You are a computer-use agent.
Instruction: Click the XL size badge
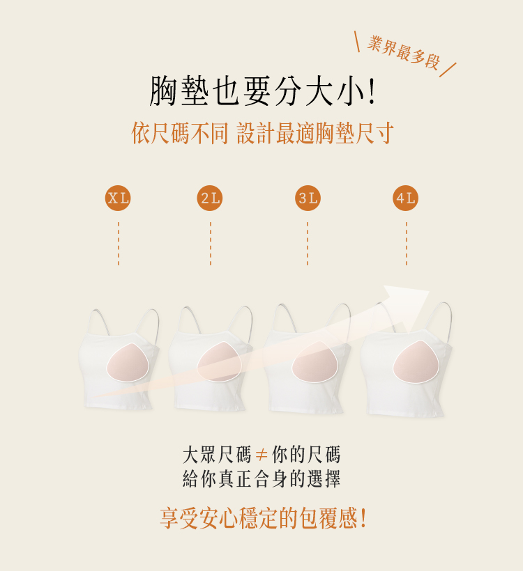[x=118, y=198]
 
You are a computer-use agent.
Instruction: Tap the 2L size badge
[x=210, y=198]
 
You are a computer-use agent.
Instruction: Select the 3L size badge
[x=308, y=198]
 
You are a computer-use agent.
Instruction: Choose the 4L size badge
[x=406, y=198]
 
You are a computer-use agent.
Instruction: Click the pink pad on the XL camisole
[x=128, y=362]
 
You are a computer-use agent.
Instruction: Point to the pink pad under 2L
[x=220, y=361]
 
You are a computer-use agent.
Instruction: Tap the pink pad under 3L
[x=314, y=362]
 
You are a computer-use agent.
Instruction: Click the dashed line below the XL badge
[x=119, y=243]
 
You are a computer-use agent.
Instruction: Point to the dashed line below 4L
[x=407, y=243]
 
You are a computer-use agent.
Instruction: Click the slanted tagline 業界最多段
[x=403, y=52]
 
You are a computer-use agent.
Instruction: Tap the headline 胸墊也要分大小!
[x=262, y=91]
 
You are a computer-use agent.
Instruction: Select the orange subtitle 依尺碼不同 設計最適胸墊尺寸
[x=263, y=133]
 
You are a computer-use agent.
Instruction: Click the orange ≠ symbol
[x=261, y=455]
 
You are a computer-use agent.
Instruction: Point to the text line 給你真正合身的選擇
[x=261, y=478]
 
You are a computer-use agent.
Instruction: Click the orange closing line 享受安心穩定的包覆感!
[x=263, y=518]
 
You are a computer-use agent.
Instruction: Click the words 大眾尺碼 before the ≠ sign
[x=217, y=455]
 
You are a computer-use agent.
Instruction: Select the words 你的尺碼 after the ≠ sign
[x=306, y=455]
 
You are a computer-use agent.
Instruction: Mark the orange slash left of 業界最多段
[x=357, y=42]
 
